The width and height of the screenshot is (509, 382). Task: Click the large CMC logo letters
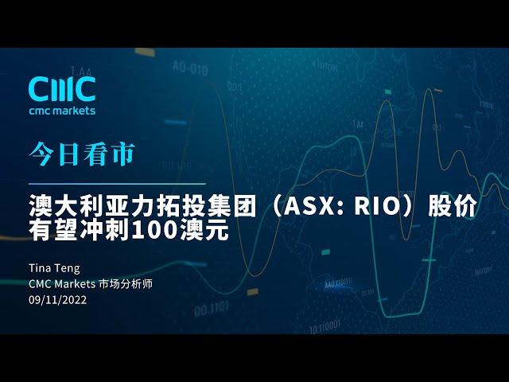(x=62, y=89)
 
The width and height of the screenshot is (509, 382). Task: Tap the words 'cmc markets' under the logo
(x=62, y=111)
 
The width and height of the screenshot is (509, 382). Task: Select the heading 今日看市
(x=82, y=154)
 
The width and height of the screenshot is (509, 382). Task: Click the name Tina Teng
(x=54, y=269)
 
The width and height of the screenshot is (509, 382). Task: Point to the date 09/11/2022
(x=58, y=299)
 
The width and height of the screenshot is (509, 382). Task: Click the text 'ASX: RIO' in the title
(x=341, y=206)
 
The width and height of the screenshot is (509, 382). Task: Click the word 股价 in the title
(x=453, y=206)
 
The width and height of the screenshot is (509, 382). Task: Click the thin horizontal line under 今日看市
(x=117, y=184)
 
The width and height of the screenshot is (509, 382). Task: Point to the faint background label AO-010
(x=190, y=68)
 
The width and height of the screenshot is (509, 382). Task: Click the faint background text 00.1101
(x=212, y=309)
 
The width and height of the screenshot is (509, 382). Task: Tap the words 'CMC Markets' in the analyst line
(x=62, y=284)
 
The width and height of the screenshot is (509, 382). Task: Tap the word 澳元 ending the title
(x=205, y=231)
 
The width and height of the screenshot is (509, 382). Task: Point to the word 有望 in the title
(x=54, y=231)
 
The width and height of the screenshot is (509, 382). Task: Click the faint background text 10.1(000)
(x=325, y=326)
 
